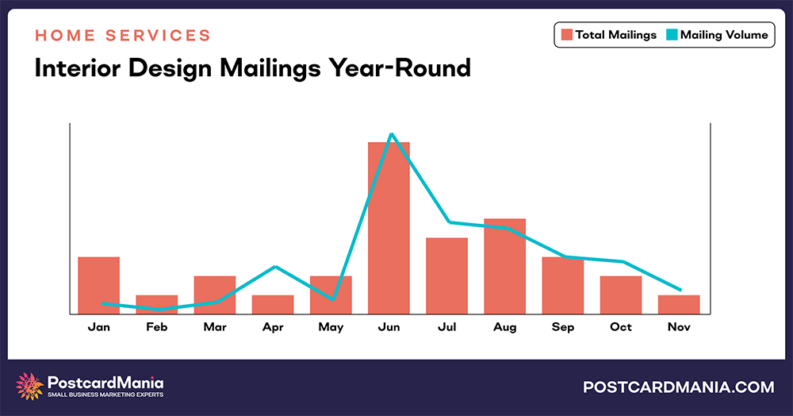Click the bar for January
(x=98, y=285)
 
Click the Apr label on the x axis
(x=273, y=327)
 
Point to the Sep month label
(x=562, y=327)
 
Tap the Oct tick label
(x=621, y=327)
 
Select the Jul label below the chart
(x=446, y=327)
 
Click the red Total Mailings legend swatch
(x=567, y=35)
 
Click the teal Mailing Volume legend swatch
(x=672, y=35)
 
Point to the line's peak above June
(x=391, y=134)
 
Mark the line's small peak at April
(x=274, y=267)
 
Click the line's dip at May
(x=332, y=299)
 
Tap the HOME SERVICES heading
(x=123, y=36)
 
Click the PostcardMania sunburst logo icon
(x=30, y=387)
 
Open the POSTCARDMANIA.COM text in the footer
(x=678, y=387)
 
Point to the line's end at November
(x=680, y=290)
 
